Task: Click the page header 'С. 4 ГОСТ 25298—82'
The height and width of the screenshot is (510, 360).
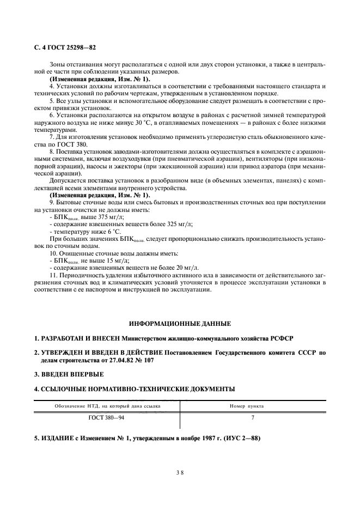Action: [x=65, y=48]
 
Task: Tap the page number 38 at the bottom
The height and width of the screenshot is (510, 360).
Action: [x=180, y=473]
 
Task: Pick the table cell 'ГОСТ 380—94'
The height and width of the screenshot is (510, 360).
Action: [x=107, y=418]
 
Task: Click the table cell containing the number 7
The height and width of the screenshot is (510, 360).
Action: [x=253, y=418]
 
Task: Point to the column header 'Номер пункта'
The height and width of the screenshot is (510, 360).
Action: [x=253, y=406]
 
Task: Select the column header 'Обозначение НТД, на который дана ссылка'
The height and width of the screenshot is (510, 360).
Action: [x=107, y=406]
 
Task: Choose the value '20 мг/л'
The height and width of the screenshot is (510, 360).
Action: [x=187, y=268]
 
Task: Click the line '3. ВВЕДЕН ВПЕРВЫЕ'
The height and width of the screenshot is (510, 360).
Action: [x=68, y=374]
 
